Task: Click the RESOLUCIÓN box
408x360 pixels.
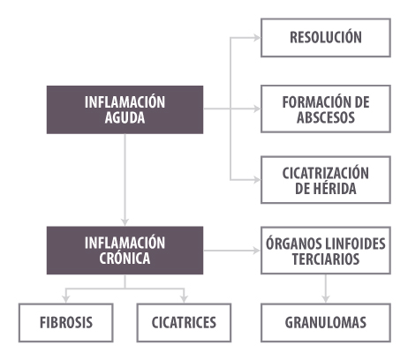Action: pyautogui.click(x=326, y=38)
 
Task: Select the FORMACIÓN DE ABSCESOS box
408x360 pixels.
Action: pyautogui.click(x=326, y=109)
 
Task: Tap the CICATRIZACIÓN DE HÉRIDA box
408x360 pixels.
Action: pyautogui.click(x=326, y=180)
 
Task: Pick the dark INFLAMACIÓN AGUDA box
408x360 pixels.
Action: pyautogui.click(x=125, y=109)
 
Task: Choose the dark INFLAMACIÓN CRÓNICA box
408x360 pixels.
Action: pyautogui.click(x=125, y=251)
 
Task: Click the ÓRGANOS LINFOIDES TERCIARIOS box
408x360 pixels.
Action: pyautogui.click(x=326, y=251)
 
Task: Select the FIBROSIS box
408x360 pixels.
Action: pyautogui.click(x=66, y=323)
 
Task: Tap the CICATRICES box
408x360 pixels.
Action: pyautogui.click(x=184, y=323)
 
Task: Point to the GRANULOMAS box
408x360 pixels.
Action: pyautogui.click(x=326, y=323)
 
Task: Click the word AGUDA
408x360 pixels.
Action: pyautogui.click(x=125, y=117)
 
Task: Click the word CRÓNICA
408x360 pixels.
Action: pyautogui.click(x=125, y=259)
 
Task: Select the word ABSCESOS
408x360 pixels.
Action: pyautogui.click(x=326, y=117)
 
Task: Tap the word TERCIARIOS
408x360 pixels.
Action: pyautogui.click(x=326, y=259)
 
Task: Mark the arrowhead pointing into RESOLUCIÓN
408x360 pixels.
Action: pyautogui.click(x=257, y=38)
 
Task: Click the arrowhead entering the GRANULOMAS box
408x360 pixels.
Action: pyautogui.click(x=326, y=299)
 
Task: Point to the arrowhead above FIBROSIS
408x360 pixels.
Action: pyautogui.click(x=66, y=299)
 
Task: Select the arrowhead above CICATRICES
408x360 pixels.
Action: pyautogui.click(x=184, y=299)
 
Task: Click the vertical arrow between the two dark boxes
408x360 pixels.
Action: pyautogui.click(x=125, y=180)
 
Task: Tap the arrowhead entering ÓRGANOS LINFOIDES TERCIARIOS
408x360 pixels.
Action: pyautogui.click(x=257, y=251)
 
